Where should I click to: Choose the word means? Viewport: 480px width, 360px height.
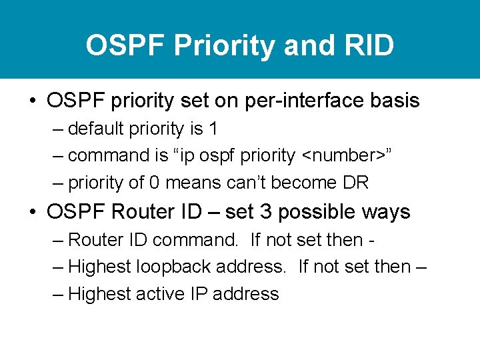point(190,182)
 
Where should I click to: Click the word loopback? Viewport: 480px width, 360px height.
point(175,267)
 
